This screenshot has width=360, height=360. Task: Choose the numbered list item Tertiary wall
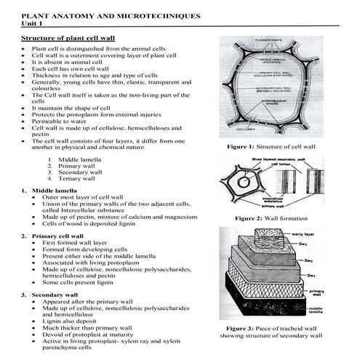pyautogui.click(x=79, y=178)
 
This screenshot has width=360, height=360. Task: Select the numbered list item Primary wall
pyautogui.click(x=79, y=165)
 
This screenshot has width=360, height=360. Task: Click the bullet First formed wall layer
pyautogui.click(x=76, y=244)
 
